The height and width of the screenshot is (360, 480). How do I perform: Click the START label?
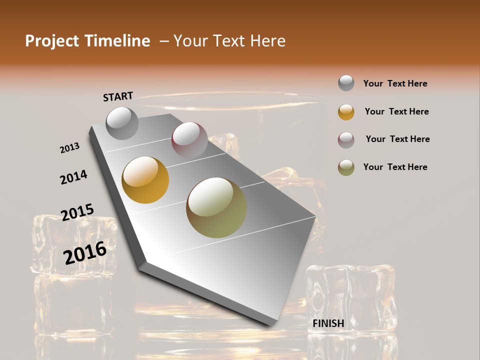coord(118,96)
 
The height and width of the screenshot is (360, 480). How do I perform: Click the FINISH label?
coord(328,323)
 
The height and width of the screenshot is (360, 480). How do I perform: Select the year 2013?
coord(69,148)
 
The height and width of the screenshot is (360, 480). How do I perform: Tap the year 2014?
coord(73,177)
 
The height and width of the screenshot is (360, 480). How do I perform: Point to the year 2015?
coord(77,212)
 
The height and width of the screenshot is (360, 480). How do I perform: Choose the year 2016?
coord(85,252)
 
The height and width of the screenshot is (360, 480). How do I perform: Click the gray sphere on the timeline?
coord(122,123)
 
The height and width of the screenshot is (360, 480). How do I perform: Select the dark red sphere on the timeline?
coord(189,140)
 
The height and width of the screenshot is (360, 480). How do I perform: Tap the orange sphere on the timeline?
coord(145,180)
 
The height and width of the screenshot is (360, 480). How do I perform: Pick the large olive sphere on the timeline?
coord(216,207)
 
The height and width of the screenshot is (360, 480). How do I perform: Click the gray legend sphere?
coord(346,83)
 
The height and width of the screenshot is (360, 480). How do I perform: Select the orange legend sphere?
coord(346,112)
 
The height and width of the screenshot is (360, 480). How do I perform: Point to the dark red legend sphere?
coord(346,140)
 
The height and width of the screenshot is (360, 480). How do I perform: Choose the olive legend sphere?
coord(346,167)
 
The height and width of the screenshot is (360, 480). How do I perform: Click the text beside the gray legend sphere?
coord(395,83)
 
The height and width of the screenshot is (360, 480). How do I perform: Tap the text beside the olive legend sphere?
coord(395,167)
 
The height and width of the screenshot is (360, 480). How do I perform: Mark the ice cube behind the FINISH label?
coord(350,295)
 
